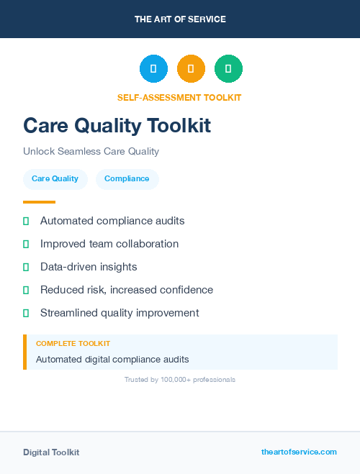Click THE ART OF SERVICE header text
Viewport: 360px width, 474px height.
180,19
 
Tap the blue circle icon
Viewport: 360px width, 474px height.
153,69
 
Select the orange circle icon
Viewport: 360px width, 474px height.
191,69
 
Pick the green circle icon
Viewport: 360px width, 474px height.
228,69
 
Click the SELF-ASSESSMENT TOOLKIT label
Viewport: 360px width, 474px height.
179,97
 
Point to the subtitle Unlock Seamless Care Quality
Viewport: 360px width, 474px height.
91,152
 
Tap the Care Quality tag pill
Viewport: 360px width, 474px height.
55,179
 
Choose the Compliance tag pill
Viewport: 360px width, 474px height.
127,179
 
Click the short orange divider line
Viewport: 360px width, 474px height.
39,202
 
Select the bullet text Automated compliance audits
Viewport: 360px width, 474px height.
112,221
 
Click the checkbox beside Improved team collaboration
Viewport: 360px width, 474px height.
26,244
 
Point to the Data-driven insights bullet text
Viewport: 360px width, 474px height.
89,267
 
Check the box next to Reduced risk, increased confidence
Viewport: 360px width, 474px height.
26,290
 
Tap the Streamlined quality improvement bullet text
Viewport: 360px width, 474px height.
120,313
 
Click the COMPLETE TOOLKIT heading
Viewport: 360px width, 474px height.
73,344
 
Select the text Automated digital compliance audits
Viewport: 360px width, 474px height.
112,359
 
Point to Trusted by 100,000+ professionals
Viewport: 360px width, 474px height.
180,379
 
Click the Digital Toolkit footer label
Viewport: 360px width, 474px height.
51,452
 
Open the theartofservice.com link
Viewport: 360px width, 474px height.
299,452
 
